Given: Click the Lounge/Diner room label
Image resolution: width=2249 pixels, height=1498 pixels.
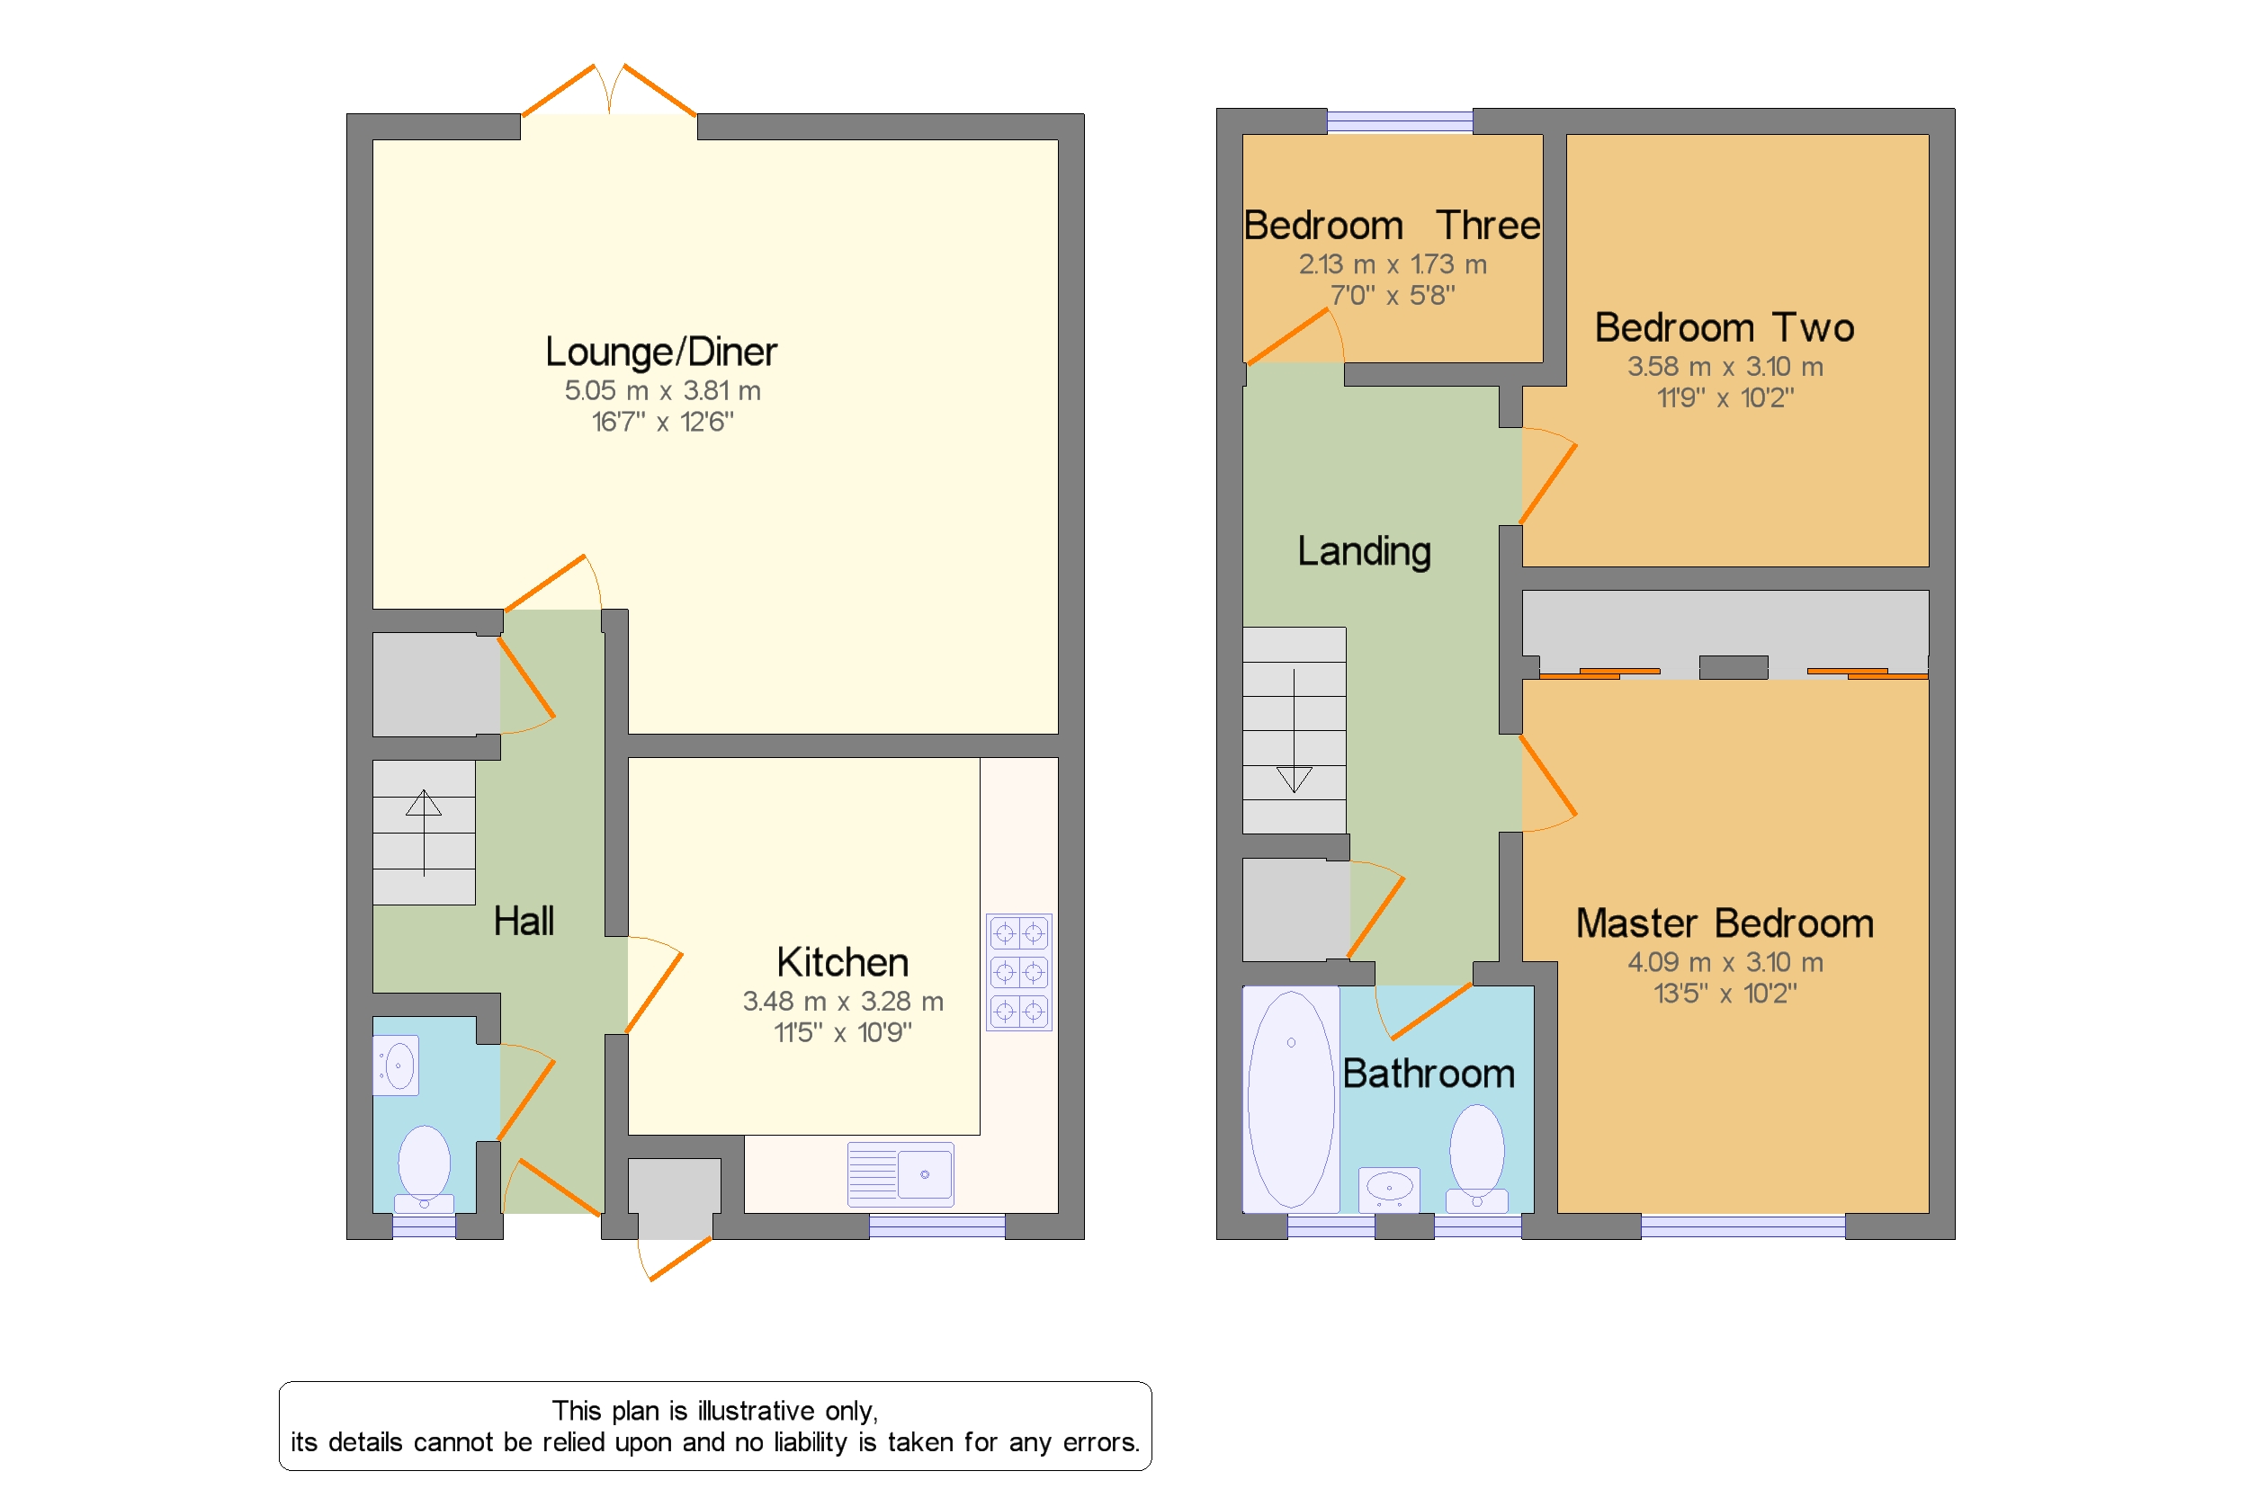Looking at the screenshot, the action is pyautogui.click(x=660, y=352).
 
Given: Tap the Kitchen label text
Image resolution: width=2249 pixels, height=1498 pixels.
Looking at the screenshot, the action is pyautogui.click(x=842, y=961).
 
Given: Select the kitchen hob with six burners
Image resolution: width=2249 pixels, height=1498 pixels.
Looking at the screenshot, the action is pyautogui.click(x=1019, y=972).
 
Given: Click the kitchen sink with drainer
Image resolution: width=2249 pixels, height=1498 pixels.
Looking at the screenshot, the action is pyautogui.click(x=900, y=1174).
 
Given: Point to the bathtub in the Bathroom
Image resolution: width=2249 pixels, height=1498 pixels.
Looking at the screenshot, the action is pyautogui.click(x=1290, y=1099).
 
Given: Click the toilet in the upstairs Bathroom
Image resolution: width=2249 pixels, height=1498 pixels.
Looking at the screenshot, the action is pyautogui.click(x=1477, y=1158).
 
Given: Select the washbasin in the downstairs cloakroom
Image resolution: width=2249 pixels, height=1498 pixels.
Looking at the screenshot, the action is pyautogui.click(x=396, y=1066).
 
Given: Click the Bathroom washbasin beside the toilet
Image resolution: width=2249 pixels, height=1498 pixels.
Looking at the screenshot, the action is pyautogui.click(x=1389, y=1189).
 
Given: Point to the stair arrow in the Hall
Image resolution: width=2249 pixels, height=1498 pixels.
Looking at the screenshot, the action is pyautogui.click(x=424, y=832).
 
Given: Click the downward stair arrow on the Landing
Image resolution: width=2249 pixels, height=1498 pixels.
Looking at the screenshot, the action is pyautogui.click(x=1295, y=731).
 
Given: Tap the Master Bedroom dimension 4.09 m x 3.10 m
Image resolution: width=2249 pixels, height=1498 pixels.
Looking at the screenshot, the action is pyautogui.click(x=1725, y=962).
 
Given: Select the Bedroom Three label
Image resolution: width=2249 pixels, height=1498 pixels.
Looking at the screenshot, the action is pyautogui.click(x=1392, y=226).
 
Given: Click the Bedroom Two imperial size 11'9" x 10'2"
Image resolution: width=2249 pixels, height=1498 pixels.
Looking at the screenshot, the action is pyautogui.click(x=1725, y=397).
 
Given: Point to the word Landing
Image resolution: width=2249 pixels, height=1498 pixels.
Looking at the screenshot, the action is pyautogui.click(x=1364, y=551).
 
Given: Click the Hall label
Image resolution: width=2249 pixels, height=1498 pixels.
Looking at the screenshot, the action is pyautogui.click(x=524, y=921).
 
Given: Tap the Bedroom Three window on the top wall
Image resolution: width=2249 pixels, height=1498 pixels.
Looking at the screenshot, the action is pyautogui.click(x=1399, y=121).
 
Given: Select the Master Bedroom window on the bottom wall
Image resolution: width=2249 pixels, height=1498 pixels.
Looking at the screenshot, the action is pyautogui.click(x=1743, y=1226).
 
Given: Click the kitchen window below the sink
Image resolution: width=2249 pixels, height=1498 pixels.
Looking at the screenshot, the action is pyautogui.click(x=936, y=1226).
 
